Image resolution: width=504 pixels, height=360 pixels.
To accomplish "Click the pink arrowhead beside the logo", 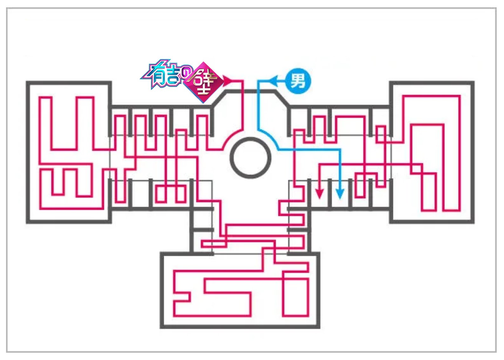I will point(228,81).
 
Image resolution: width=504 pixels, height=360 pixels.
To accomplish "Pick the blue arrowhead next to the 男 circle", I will point(274,81).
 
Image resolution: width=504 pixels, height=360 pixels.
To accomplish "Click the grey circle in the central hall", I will point(251,158).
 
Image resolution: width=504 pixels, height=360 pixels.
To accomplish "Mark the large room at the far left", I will point(69,153).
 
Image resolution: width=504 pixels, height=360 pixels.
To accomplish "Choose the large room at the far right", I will point(432,153).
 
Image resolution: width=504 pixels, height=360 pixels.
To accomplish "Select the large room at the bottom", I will point(240,291).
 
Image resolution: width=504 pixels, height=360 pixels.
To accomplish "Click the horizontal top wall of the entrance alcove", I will point(251,92).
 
